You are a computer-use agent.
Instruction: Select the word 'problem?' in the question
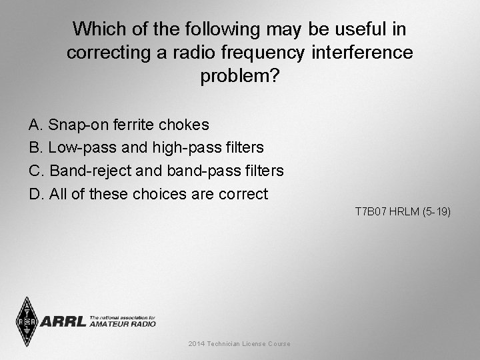[x=239, y=76]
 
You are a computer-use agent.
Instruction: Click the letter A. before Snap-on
[x=36, y=125]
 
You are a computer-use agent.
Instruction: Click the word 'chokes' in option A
[x=185, y=125]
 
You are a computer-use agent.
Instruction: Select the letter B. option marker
[x=36, y=147]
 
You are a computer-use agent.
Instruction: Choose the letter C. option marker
[x=37, y=171]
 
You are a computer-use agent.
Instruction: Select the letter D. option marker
[x=37, y=194]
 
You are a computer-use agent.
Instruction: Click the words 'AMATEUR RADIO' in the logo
[x=122, y=324]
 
